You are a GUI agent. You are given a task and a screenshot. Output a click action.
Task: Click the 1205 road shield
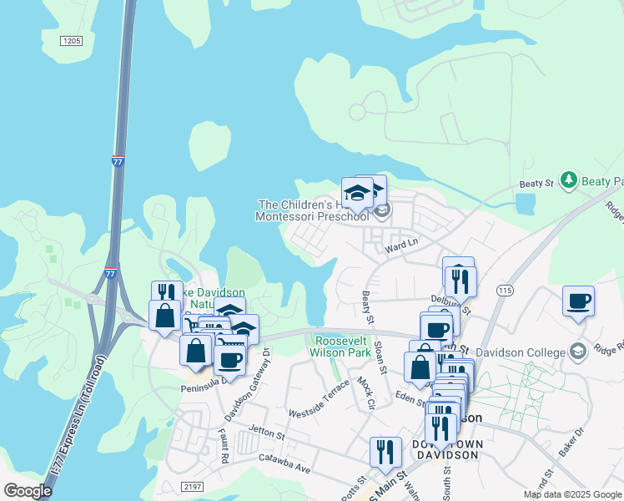click(72, 40)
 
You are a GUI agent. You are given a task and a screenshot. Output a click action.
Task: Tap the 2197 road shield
click(192, 486)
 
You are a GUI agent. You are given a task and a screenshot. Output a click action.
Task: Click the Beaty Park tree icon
click(569, 180)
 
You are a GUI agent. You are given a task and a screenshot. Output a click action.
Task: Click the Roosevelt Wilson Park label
click(341, 347)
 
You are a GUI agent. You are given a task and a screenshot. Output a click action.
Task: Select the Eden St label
click(410, 397)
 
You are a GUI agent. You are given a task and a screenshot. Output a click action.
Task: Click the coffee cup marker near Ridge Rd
click(578, 301)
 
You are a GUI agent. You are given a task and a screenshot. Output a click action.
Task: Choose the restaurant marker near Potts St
click(384, 452)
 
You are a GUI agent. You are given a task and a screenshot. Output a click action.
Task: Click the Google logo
click(28, 491)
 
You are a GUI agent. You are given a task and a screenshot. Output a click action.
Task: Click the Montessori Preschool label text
click(312, 216)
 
